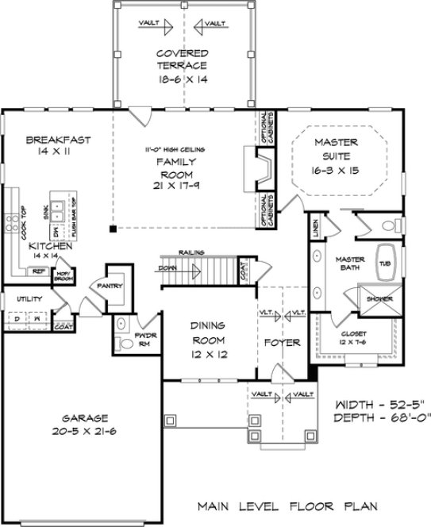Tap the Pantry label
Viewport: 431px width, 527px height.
[107, 285]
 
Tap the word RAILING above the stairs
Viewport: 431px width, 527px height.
[192, 252]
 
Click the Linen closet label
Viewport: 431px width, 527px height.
[316, 227]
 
